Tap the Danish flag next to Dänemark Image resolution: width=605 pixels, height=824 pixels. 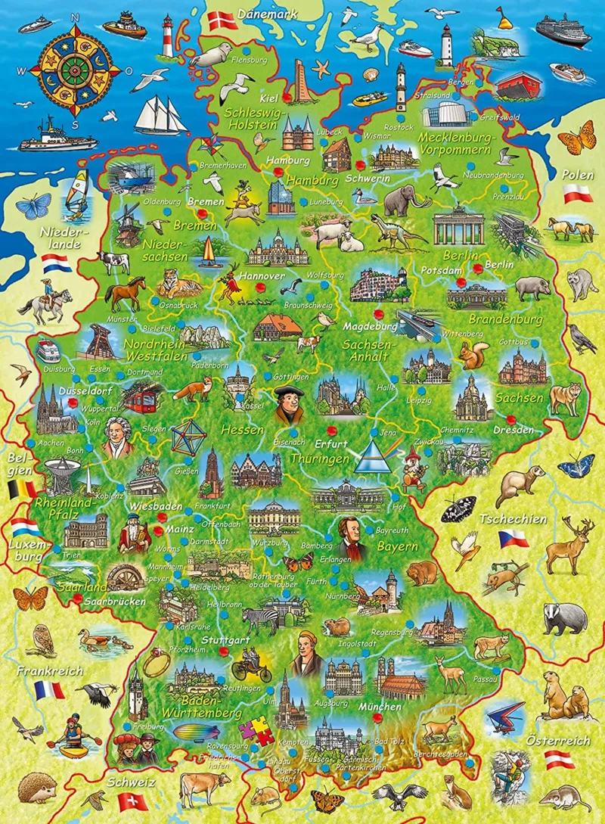[x=222, y=20]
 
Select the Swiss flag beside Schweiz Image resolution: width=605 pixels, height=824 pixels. [x=133, y=800]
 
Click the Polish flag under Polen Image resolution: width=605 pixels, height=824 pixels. [x=578, y=196]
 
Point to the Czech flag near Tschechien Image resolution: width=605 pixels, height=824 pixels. [x=513, y=539]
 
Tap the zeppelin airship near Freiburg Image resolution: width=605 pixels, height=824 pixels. [x=199, y=731]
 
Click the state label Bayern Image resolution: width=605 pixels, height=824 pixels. [x=398, y=546]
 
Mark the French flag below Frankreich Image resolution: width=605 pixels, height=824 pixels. [x=48, y=689]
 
